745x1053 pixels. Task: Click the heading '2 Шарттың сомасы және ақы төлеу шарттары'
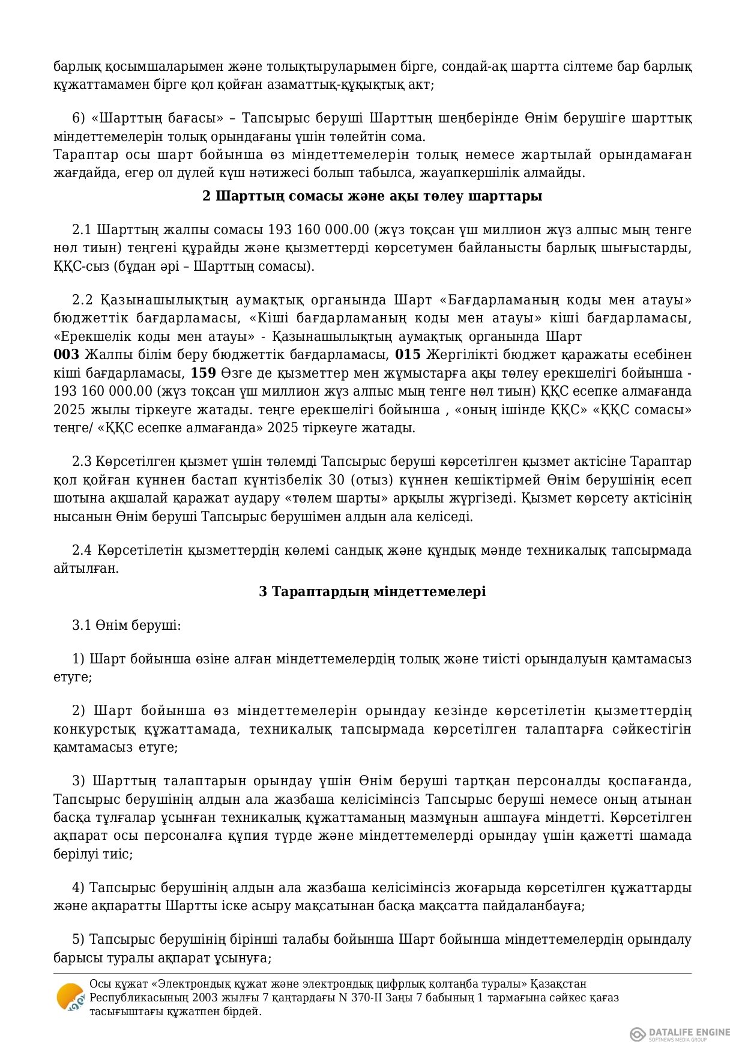pyautogui.click(x=372, y=196)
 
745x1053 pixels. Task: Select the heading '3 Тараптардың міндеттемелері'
pyautogui.click(x=372, y=591)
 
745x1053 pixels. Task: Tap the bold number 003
pyautogui.click(x=66, y=354)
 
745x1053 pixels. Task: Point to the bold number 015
pyautogui.click(x=408, y=354)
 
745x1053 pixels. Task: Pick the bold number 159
pyautogui.click(x=204, y=373)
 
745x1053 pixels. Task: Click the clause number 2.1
pyautogui.click(x=82, y=229)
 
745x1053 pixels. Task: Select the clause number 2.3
pyautogui.click(x=82, y=461)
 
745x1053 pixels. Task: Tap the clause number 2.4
pyautogui.click(x=82, y=550)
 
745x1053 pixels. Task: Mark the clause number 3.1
pyautogui.click(x=82, y=625)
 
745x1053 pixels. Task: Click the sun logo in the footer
pyautogui.click(x=70, y=998)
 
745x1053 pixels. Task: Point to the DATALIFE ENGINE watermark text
pyautogui.click(x=689, y=1032)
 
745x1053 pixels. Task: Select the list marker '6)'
pyautogui.click(x=79, y=118)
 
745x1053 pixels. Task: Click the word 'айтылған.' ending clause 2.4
pyautogui.click(x=86, y=568)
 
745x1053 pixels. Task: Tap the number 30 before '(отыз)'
pyautogui.click(x=336, y=480)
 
